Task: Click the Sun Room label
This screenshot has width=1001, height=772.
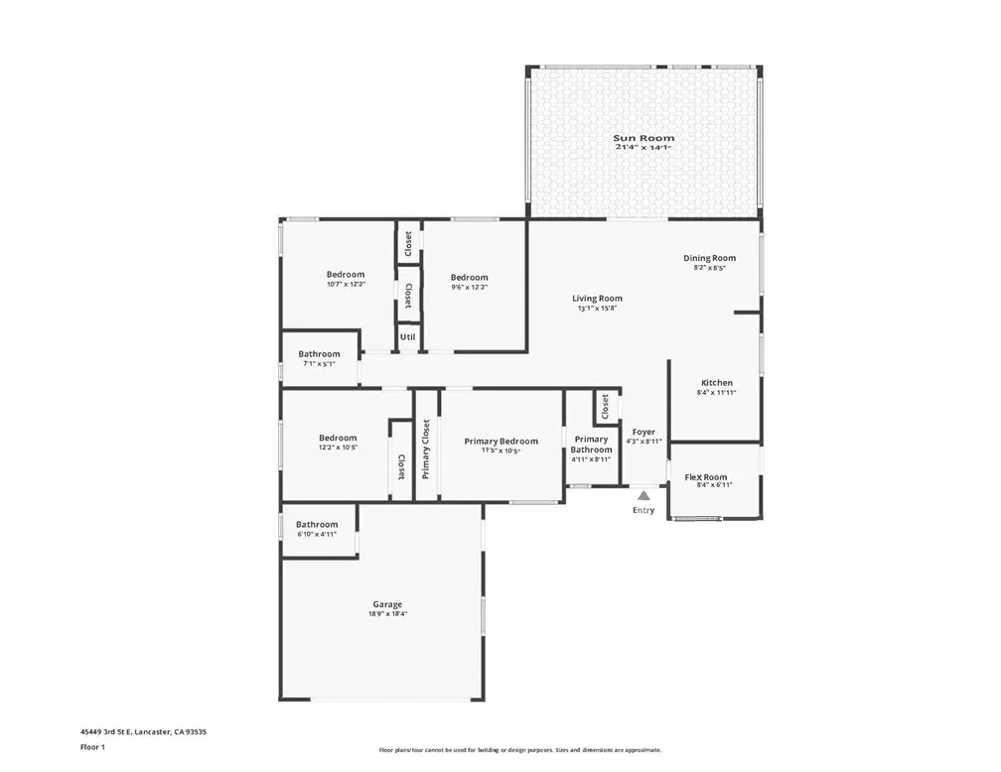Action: pyautogui.click(x=643, y=138)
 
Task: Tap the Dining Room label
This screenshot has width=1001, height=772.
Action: pyautogui.click(x=709, y=258)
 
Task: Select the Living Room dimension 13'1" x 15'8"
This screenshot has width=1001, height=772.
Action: pyautogui.click(x=597, y=309)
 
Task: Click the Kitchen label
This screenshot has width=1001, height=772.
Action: pyautogui.click(x=717, y=383)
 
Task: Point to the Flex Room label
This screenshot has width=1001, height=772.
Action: pyautogui.click(x=706, y=477)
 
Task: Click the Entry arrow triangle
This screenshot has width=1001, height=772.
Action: pyautogui.click(x=643, y=494)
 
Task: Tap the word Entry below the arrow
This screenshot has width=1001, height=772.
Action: pyautogui.click(x=643, y=510)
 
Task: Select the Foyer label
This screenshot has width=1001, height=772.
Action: pyautogui.click(x=643, y=433)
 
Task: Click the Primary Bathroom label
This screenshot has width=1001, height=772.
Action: pyautogui.click(x=591, y=445)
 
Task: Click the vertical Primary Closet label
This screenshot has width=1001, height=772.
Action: pyautogui.click(x=426, y=449)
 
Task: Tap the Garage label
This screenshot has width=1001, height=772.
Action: pyautogui.click(x=387, y=604)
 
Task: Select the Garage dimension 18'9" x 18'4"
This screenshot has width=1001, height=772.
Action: pyautogui.click(x=387, y=614)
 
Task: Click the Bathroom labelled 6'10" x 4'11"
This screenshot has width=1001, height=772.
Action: pyautogui.click(x=317, y=525)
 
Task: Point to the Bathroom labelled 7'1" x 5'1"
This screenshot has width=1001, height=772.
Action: pyautogui.click(x=319, y=354)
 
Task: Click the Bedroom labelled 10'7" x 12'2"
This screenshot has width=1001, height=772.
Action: pyautogui.click(x=346, y=275)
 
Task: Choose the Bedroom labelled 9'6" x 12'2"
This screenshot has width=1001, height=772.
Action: pyautogui.click(x=469, y=278)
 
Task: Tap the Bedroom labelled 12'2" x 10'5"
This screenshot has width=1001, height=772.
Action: pyautogui.click(x=338, y=439)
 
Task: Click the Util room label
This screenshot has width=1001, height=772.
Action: pyautogui.click(x=407, y=337)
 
